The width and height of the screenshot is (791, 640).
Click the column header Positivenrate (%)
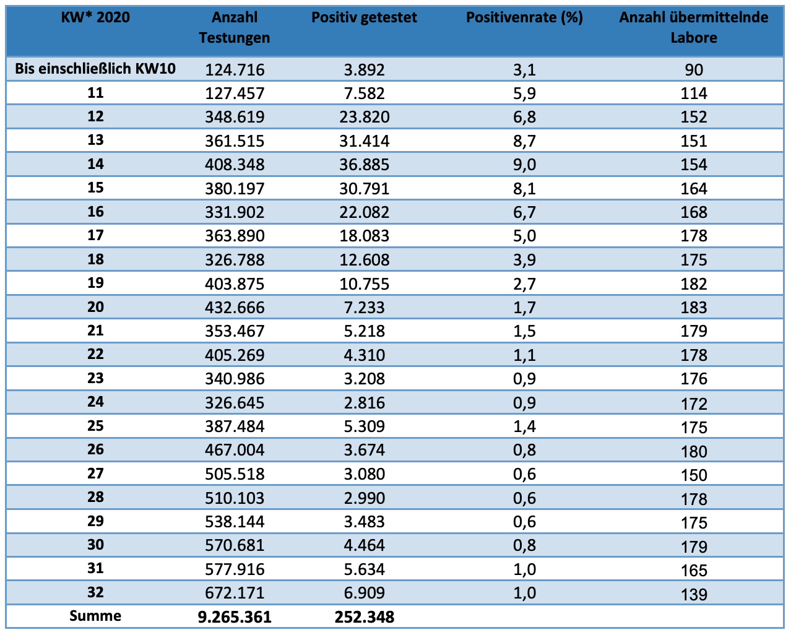tap(524, 17)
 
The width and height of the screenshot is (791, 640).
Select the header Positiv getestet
tap(364, 17)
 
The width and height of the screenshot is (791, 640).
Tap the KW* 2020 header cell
tap(95, 17)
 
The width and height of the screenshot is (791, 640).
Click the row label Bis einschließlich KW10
tap(95, 69)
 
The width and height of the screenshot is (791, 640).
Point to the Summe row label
tap(95, 615)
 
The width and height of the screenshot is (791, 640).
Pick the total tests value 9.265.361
tap(235, 617)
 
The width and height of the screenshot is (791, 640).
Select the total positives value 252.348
tap(364, 617)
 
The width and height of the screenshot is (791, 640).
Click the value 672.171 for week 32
tap(235, 593)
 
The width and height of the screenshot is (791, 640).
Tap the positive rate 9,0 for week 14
tap(524, 165)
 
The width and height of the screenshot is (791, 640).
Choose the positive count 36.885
tap(364, 165)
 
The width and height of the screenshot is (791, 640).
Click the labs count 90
tap(694, 70)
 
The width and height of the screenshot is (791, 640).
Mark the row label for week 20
tap(95, 307)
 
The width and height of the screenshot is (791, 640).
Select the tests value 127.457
tap(235, 93)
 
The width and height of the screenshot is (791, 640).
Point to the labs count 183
tap(694, 308)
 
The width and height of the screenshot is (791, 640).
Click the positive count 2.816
tap(364, 403)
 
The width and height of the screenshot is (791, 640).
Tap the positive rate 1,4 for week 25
tap(524, 426)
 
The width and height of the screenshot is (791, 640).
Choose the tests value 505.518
tap(235, 474)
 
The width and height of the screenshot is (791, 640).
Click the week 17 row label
tap(95, 235)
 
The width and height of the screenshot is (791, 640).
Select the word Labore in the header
tap(694, 38)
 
